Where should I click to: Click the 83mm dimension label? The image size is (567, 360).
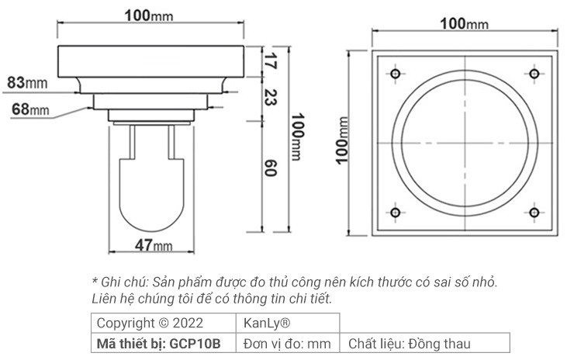pos(26,81)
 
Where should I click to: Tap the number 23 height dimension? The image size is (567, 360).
pos(271,97)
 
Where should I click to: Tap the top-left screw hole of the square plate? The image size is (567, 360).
pos(395,74)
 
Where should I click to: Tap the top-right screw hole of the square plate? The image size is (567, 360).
pos(533,74)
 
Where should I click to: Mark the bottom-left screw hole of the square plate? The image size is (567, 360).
pos(395,213)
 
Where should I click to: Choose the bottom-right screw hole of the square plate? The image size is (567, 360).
pos(533,213)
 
